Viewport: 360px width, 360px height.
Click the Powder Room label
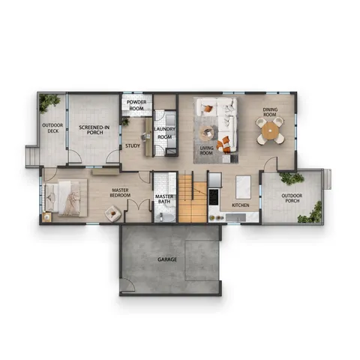point(136,105)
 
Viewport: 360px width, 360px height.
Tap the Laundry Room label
point(164,133)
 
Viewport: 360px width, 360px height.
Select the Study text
point(133,145)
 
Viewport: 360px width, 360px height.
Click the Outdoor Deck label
point(52,129)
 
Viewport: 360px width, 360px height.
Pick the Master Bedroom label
point(121,194)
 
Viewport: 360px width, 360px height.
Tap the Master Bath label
point(164,200)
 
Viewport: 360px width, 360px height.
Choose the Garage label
point(166,259)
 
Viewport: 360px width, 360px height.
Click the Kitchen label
point(240,205)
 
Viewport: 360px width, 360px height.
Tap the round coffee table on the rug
point(207,134)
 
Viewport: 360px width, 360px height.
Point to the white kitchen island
point(241,185)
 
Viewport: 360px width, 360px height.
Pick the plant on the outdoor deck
point(51,101)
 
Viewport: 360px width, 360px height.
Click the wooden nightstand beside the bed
point(47,217)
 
